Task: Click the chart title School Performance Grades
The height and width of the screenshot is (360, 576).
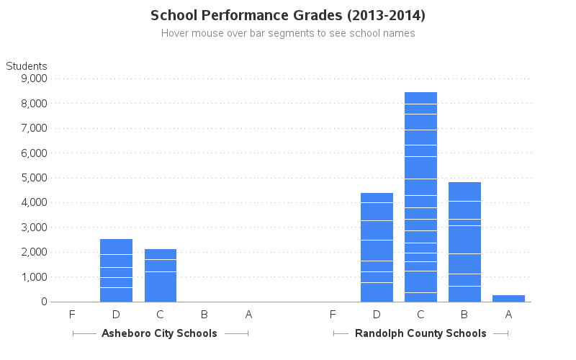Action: point(288,15)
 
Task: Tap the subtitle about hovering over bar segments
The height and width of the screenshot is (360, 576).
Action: point(288,33)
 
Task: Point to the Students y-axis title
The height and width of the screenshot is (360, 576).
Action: point(27,66)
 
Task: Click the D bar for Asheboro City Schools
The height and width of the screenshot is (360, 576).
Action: point(116,270)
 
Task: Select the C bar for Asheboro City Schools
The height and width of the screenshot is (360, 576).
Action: point(161,275)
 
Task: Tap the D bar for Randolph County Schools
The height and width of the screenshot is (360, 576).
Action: point(377,247)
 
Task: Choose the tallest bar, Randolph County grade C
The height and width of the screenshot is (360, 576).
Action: point(420,197)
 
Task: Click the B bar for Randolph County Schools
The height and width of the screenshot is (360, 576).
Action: point(464,242)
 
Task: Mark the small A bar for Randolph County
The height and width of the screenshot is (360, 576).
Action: point(508,298)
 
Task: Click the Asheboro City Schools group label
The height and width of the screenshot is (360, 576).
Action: point(159,333)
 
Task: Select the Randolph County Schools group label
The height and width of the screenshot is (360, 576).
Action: point(420,333)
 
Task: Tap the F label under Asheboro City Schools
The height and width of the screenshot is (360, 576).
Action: point(72,314)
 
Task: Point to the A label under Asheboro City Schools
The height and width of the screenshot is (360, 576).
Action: point(248,314)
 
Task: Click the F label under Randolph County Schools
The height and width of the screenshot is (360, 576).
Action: point(333,314)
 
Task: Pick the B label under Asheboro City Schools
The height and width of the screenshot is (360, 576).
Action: point(204,314)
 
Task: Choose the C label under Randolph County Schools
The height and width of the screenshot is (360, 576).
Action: point(420,314)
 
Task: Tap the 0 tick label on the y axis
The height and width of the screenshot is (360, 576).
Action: point(43,302)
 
